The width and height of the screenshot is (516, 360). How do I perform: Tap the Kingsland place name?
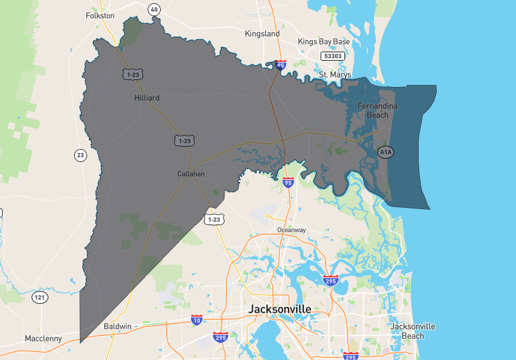coord(263,34)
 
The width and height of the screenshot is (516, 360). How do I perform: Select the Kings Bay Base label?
coord(324,42)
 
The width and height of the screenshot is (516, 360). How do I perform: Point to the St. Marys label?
coord(335,75)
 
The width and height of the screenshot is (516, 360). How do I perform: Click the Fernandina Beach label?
coord(377,110)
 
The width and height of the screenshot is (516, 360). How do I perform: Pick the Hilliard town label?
coord(146,98)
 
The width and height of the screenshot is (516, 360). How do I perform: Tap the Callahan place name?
coord(190,174)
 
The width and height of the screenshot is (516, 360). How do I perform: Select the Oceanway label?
coord(292,230)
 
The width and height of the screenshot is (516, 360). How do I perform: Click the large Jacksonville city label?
coord(280,310)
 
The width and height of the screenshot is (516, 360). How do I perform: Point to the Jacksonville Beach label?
coord(413,331)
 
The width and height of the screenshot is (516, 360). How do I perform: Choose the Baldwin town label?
coord(117,326)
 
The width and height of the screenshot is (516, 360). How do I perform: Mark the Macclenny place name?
coord(43,339)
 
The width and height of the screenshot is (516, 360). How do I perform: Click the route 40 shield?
coord(154,9)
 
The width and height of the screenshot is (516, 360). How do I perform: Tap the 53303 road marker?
coord(333,56)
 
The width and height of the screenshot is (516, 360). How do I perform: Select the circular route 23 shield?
coord(80,155)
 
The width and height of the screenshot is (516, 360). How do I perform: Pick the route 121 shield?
coord(41,297)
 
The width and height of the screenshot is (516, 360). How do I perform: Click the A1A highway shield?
coord(385,152)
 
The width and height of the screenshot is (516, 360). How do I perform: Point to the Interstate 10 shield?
coord(197,319)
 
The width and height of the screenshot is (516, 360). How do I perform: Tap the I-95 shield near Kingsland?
coord(280,65)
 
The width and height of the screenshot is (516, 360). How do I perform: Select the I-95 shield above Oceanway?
coord(288,183)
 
